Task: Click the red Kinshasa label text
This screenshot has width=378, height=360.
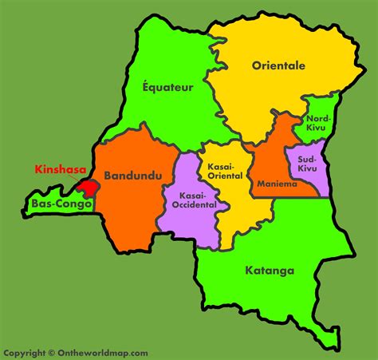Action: tap(60, 169)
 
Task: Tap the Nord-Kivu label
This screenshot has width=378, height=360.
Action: tap(318, 124)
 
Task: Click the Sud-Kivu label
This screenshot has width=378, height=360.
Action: tap(307, 164)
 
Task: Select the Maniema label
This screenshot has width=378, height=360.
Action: tap(277, 184)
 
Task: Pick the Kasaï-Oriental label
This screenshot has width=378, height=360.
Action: tap(224, 170)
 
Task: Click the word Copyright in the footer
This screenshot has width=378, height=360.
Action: tap(24, 353)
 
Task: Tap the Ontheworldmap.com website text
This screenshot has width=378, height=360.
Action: tap(103, 353)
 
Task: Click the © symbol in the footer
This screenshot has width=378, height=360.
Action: tap(51, 353)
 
